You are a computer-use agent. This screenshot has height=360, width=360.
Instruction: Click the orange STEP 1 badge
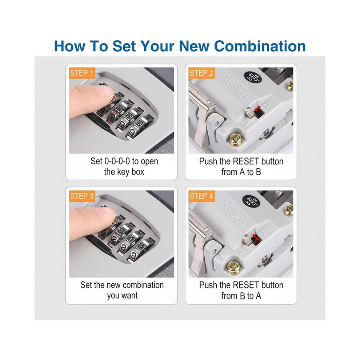(82, 73)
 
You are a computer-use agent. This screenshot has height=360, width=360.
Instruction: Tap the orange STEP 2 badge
(201, 73)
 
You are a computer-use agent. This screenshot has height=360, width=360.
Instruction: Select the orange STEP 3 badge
(82, 196)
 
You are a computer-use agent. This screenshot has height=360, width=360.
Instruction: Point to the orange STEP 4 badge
(201, 196)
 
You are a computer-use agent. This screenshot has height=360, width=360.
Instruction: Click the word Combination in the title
(260, 46)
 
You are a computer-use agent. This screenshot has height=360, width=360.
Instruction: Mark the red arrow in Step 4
(255, 237)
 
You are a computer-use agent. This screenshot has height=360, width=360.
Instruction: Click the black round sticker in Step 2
(252, 77)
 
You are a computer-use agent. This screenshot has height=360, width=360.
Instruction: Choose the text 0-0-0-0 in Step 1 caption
(117, 161)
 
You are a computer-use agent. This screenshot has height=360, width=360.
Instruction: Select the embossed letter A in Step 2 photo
(267, 105)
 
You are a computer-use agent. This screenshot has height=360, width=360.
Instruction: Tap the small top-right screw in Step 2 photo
(290, 86)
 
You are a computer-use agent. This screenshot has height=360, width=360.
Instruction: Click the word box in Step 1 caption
(138, 172)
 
